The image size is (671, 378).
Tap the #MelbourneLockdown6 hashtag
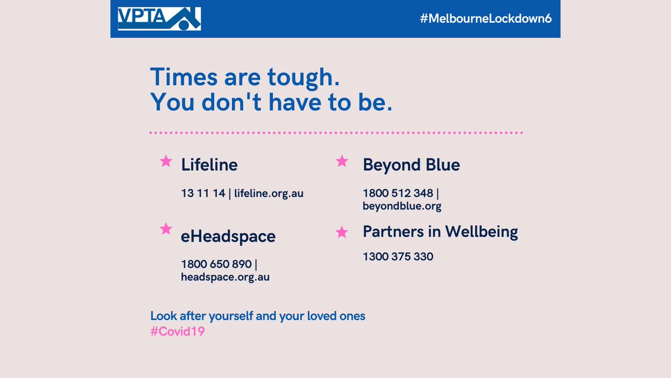486,19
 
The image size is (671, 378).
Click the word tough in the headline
300,77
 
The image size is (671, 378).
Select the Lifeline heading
209,165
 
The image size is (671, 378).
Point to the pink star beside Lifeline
166,161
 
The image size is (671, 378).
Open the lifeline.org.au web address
269,193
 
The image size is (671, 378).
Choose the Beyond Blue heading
411,165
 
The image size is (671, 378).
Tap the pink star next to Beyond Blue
342,161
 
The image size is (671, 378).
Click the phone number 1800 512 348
398,193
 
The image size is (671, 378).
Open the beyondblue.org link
402,206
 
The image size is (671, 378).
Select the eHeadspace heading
228,236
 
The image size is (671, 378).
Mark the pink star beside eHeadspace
166,228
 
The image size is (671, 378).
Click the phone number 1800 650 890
216,264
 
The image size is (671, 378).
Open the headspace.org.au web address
225,277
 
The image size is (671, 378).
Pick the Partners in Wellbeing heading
440,231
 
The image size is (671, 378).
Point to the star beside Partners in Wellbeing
342,232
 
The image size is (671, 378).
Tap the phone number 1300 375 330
398,257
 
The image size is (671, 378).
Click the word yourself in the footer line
231,316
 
